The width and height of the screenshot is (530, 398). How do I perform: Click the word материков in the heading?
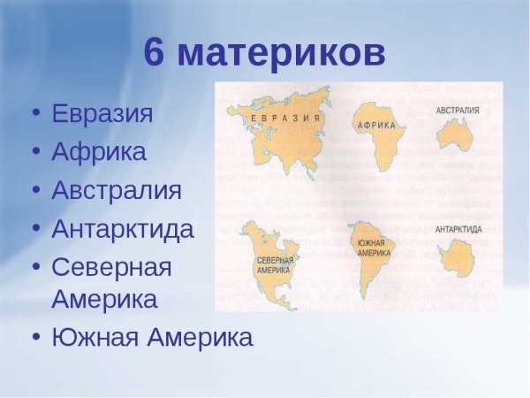click(282, 55)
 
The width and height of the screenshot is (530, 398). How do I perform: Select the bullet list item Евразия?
click(102, 114)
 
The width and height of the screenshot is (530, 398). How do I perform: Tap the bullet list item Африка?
click(99, 152)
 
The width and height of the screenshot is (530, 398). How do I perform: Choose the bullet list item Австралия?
click(117, 190)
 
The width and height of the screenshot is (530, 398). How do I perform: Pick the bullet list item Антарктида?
click(123, 229)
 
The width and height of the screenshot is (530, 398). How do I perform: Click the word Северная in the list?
click(111, 266)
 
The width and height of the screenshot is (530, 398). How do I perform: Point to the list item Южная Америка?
click(152, 337)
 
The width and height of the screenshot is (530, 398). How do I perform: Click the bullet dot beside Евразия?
click(35, 115)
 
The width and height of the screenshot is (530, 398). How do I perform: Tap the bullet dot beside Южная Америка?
click(35, 338)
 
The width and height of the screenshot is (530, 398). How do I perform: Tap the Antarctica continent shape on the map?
click(458, 256)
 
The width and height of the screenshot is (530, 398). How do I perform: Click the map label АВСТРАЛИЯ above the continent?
click(458, 111)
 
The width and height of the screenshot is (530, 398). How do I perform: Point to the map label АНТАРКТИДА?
click(458, 229)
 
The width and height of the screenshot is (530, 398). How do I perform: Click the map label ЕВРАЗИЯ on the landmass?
click(284, 117)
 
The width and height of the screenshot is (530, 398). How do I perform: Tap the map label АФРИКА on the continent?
click(377, 126)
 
